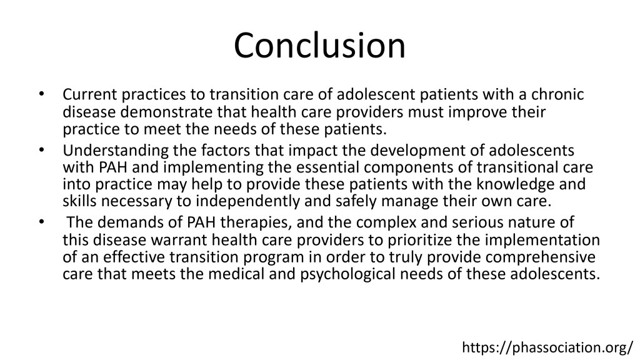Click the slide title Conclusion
(x=319, y=45)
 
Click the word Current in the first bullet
(x=90, y=94)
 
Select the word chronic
(x=557, y=94)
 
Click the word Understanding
(x=116, y=151)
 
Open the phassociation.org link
(x=547, y=347)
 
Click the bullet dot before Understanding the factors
(x=41, y=151)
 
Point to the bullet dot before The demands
(x=41, y=222)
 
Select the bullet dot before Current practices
(x=41, y=94)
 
